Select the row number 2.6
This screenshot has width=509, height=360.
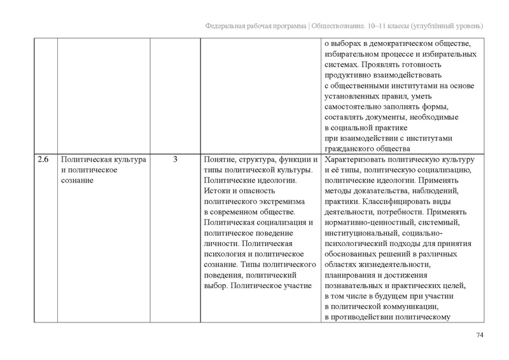pos(42,158)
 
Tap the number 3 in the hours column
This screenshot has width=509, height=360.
pos(175,158)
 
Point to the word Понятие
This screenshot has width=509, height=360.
pos(219,158)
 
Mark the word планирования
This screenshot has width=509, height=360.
pos(353,275)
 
